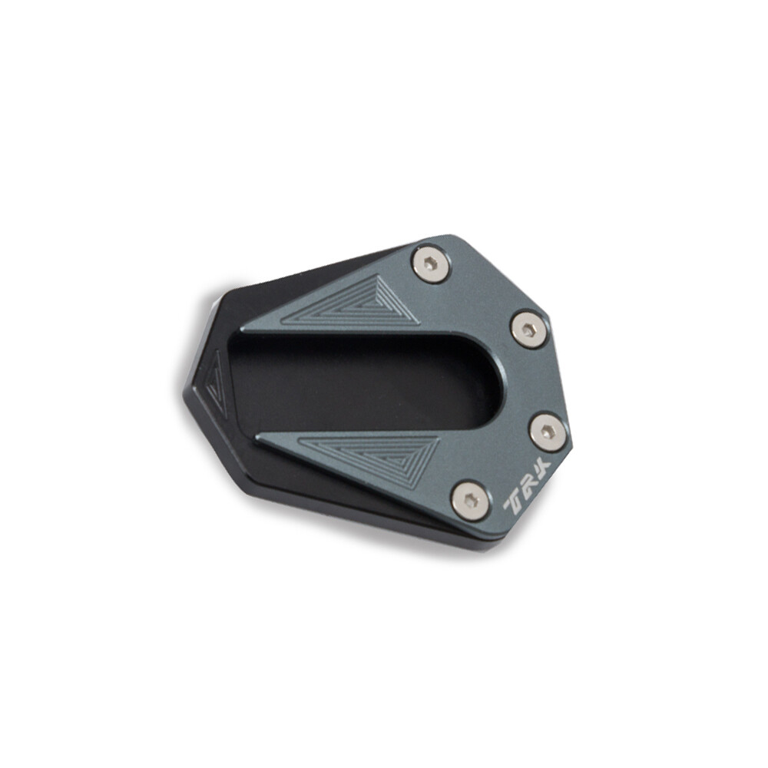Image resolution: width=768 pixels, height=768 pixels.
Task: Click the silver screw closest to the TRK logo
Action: [x=470, y=501]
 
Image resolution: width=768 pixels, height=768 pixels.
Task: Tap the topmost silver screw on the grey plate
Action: [x=431, y=263]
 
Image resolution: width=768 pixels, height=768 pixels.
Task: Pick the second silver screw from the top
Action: [x=529, y=329]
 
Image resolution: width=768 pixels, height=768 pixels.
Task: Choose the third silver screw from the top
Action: [x=548, y=432]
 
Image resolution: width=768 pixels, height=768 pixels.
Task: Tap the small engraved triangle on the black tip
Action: [x=216, y=382]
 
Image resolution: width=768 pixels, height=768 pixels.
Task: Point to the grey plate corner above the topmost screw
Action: [x=453, y=239]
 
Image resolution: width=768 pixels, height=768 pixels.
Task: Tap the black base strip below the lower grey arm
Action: [x=346, y=503]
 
